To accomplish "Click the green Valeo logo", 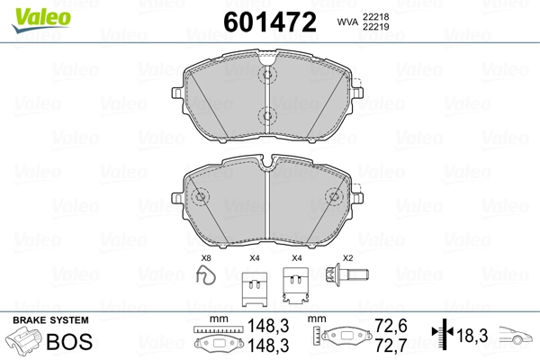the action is tap(41, 20).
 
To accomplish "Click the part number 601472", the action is tap(270, 22).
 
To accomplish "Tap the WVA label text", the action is tap(347, 22).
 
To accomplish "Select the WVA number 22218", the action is tap(375, 17).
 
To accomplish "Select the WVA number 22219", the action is tap(375, 26).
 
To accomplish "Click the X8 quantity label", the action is tap(206, 257).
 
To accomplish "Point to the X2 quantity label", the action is tap(347, 257).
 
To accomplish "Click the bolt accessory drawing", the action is tap(347, 274).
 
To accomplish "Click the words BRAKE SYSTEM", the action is tap(50, 320).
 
